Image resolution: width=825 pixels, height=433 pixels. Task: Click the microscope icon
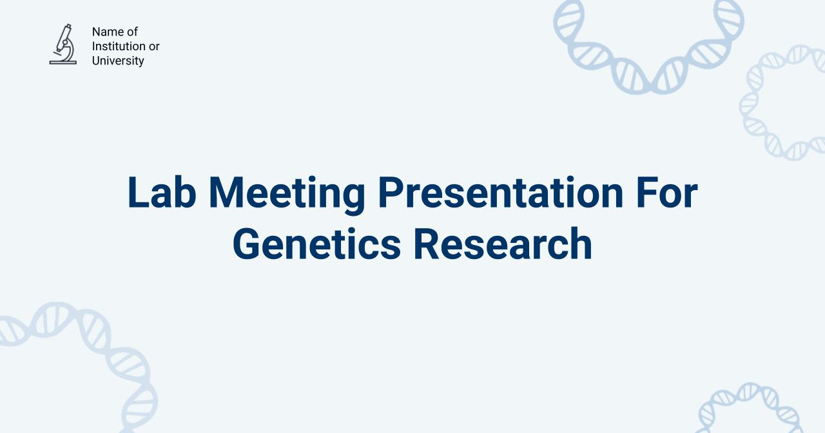coord(63,44)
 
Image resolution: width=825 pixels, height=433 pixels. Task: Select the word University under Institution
coord(118,61)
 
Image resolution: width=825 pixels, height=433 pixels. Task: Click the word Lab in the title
coord(162,193)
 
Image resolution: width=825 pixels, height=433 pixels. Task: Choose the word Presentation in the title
coord(500,193)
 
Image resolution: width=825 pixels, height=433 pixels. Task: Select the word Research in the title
coord(503,244)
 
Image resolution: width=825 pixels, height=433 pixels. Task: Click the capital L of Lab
coord(137,193)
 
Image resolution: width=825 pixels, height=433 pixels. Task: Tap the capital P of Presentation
coord(391,193)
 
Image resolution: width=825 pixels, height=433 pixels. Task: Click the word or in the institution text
coord(154,46)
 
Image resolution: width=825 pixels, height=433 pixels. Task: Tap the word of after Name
coord(132,32)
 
